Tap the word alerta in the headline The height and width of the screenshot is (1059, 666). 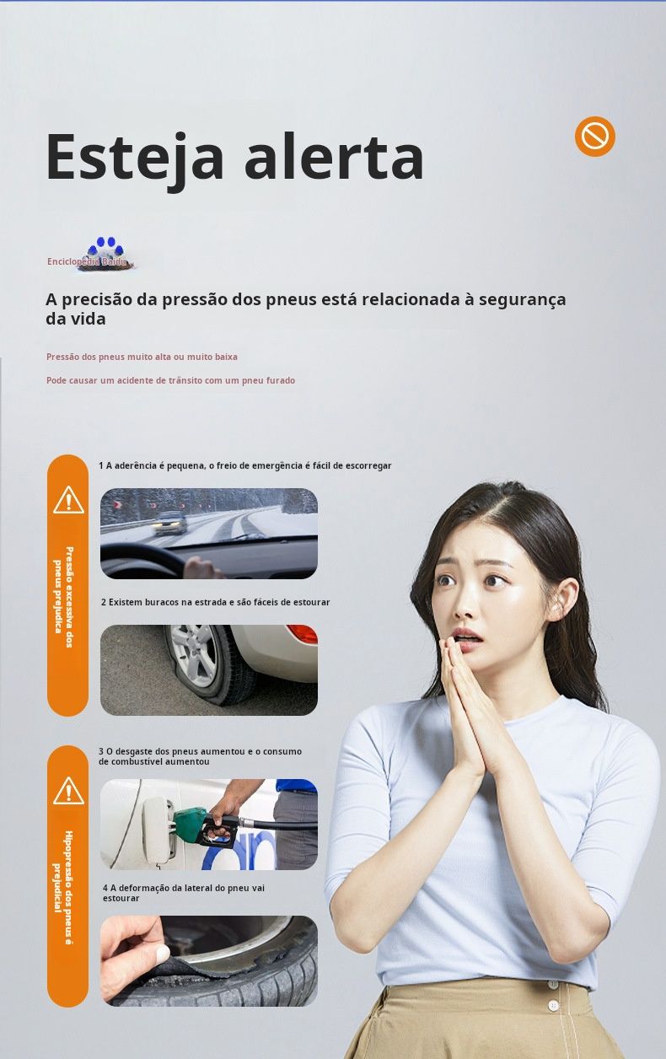click(x=334, y=156)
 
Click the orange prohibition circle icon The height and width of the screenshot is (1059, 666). click(x=595, y=136)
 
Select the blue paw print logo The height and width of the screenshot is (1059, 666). click(x=108, y=248)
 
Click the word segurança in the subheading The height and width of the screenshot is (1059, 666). click(x=523, y=299)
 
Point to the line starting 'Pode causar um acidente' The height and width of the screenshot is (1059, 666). click(x=170, y=380)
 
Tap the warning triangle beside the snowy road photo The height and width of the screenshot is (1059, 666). click(x=68, y=500)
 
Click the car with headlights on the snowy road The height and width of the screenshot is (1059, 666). click(x=170, y=522)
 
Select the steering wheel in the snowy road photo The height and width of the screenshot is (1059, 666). click(x=142, y=561)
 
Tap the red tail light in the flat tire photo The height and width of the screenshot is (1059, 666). click(x=302, y=633)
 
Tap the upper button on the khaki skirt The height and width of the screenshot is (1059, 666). click(x=552, y=982)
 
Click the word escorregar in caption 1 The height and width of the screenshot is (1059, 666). click(x=368, y=465)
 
